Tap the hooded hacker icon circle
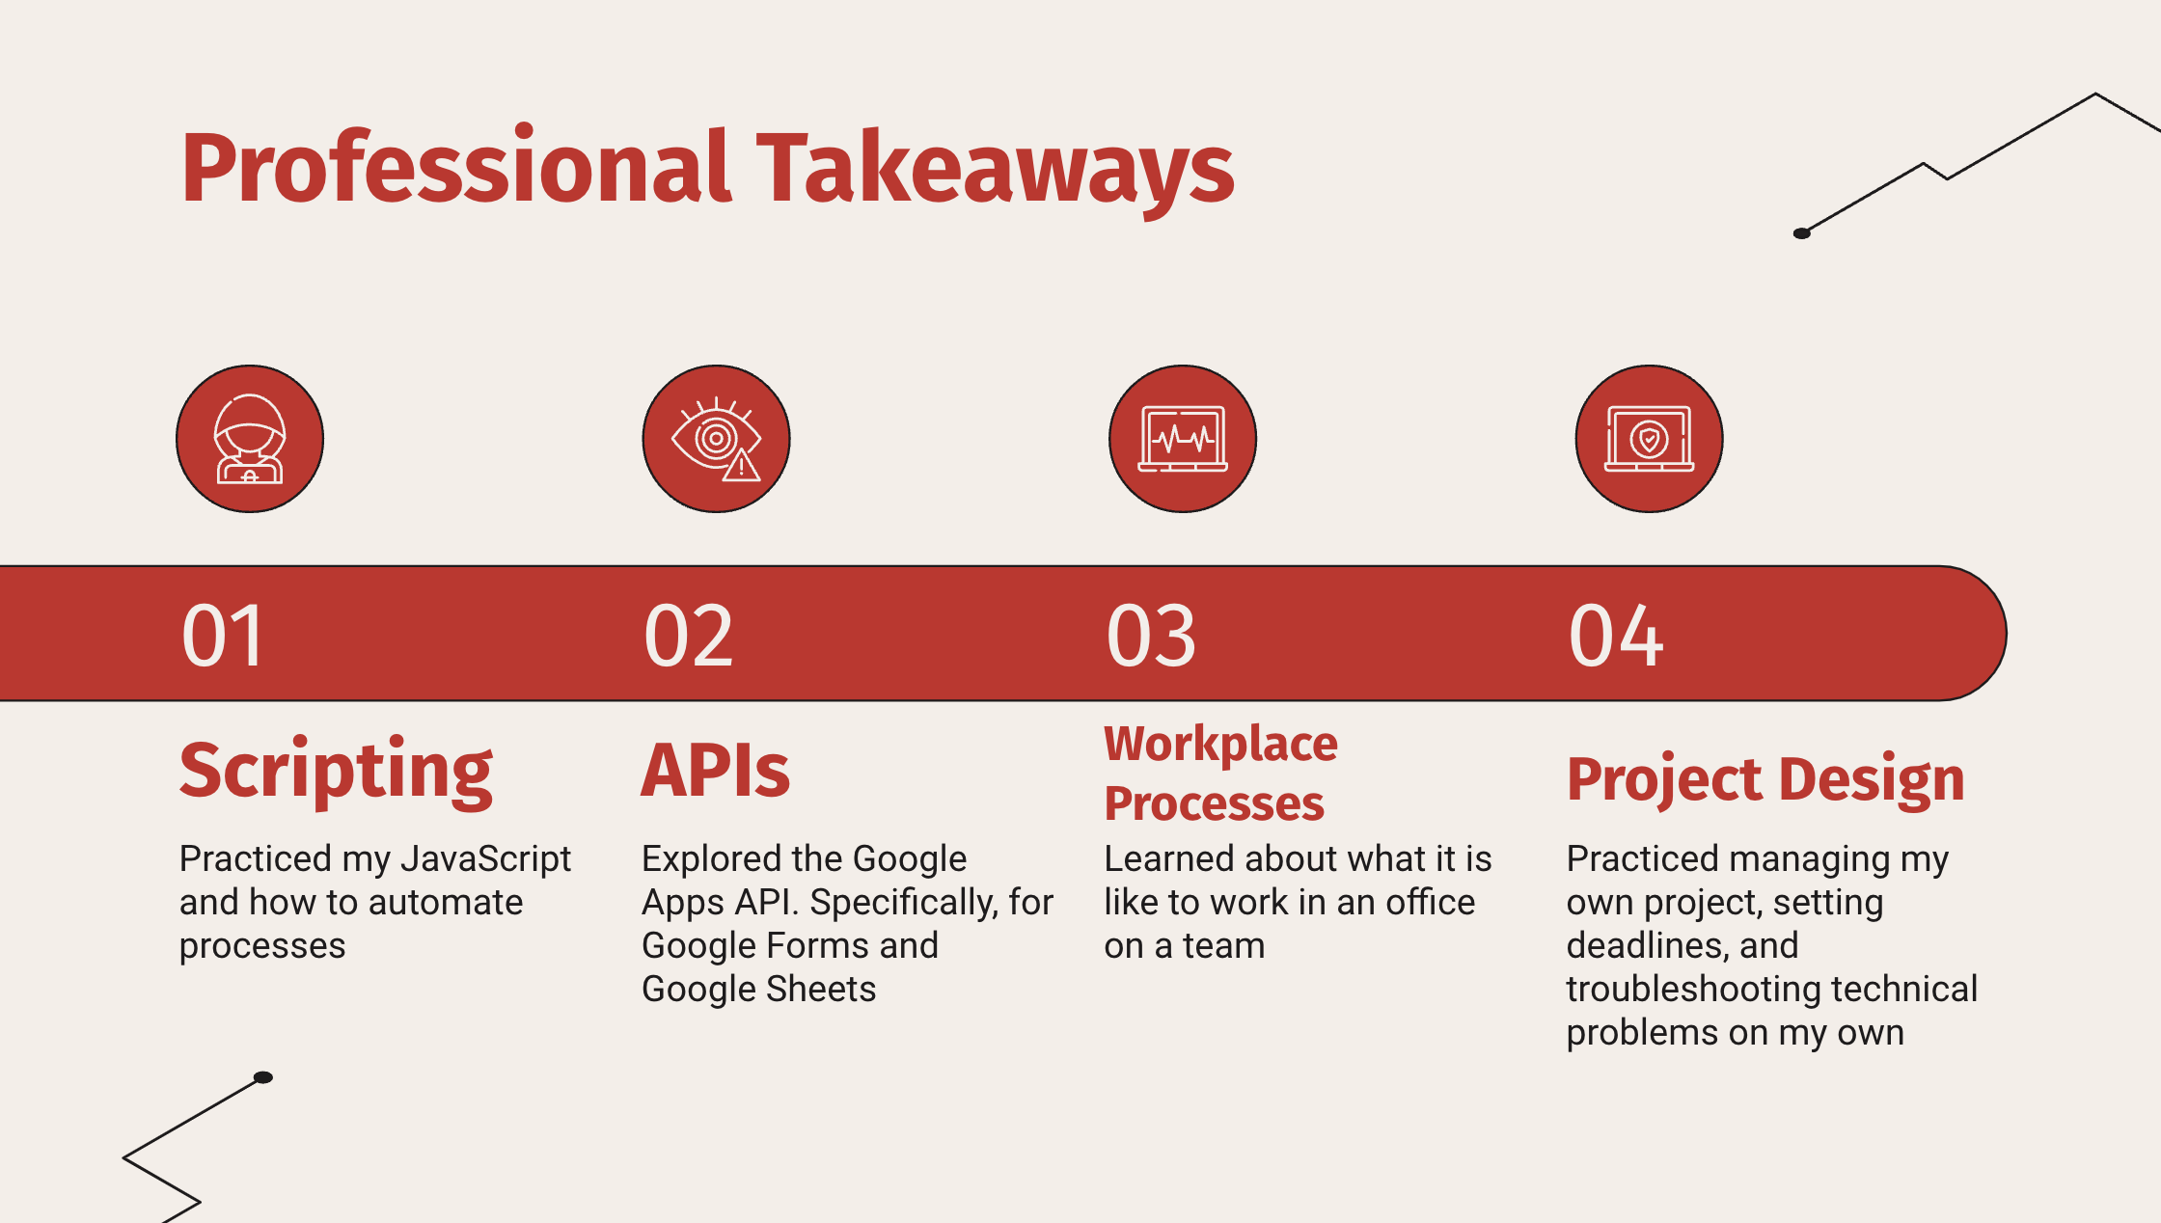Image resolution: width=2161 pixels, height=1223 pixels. [250, 439]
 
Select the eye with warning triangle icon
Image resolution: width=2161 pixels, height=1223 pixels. [717, 439]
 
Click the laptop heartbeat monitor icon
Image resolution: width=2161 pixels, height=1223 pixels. [1183, 439]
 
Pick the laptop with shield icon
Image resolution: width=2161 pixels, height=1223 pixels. [1650, 439]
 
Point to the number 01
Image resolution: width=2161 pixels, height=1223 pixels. [223, 636]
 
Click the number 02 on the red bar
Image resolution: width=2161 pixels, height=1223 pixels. [689, 636]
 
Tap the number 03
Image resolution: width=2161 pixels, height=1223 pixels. [1151, 636]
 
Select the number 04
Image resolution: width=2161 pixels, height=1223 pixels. [1616, 636]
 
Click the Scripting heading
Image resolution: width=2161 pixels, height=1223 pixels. [336, 772]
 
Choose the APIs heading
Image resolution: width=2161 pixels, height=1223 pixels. [716, 771]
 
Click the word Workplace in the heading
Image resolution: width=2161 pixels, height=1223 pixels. [1221, 746]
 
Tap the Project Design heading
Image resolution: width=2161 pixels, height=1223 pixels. [1765, 780]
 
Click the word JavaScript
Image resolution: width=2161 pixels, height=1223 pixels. [486, 859]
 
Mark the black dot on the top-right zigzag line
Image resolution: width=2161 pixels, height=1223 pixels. [1801, 233]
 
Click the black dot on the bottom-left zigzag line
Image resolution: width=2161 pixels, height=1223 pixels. [263, 1077]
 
